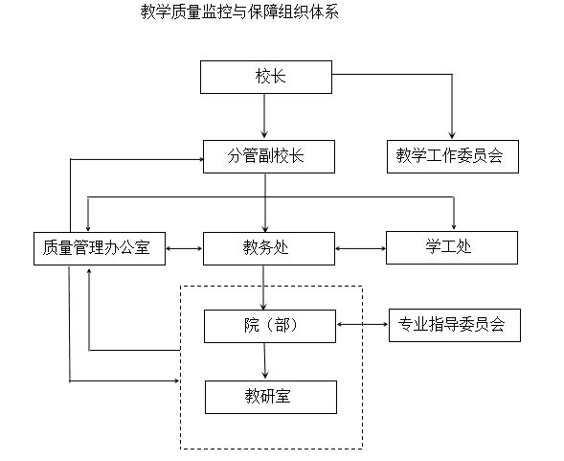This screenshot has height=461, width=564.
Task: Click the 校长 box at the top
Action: (265, 77)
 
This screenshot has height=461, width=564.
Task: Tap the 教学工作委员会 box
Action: (452, 155)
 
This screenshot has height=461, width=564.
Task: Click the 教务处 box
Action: (265, 249)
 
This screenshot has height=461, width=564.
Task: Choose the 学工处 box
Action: (452, 249)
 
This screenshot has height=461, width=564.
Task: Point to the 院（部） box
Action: (270, 326)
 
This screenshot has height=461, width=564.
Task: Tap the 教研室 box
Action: (270, 397)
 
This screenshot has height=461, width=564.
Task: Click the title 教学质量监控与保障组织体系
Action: (239, 13)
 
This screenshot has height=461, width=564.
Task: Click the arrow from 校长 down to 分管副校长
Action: (265, 115)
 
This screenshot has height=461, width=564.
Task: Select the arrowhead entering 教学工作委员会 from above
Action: (452, 134)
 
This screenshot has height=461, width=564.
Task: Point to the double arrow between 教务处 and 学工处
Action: (360, 250)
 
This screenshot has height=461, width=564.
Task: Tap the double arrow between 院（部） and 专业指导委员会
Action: (362, 326)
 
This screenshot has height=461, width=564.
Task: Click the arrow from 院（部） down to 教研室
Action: (266, 360)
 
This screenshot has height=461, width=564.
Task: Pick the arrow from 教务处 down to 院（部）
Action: (265, 288)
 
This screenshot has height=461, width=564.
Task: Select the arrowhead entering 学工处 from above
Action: (454, 226)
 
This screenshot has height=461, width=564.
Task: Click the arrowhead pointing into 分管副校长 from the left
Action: (198, 156)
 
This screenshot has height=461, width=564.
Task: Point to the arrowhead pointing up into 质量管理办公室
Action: (89, 272)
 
